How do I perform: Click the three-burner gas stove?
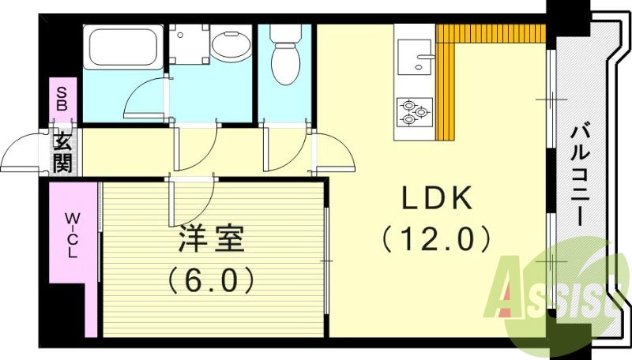[413, 111]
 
